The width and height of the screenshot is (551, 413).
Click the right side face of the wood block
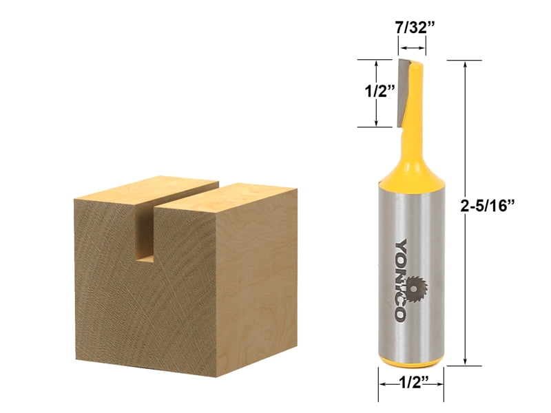(x=265, y=275)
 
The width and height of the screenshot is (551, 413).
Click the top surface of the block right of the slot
(x=231, y=196)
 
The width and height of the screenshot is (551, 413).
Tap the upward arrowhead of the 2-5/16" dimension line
(x=467, y=64)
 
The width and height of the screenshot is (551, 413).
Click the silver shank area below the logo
(x=410, y=337)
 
